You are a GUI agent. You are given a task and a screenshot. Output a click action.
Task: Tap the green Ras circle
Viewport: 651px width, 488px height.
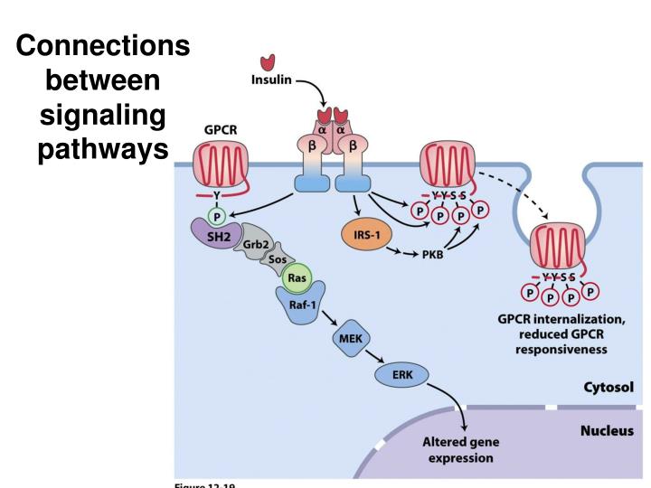click(297, 277)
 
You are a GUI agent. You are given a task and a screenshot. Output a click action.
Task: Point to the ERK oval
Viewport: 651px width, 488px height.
click(402, 373)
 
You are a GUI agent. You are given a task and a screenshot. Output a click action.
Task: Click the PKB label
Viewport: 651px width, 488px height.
click(432, 257)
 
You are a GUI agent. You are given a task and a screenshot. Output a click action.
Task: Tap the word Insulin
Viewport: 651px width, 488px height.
click(271, 80)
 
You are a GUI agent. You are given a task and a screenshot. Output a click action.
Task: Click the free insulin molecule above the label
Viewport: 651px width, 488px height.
click(267, 61)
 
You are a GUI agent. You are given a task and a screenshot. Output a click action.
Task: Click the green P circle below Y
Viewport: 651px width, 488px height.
click(215, 215)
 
